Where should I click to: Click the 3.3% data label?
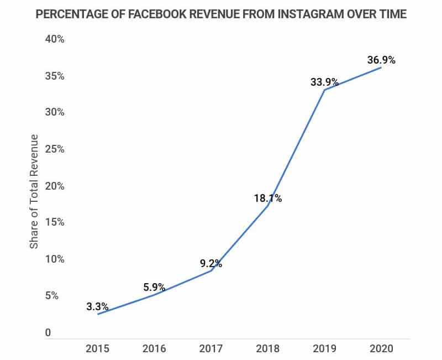click(97, 306)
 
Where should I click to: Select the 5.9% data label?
click(154, 288)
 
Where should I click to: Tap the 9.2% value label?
click(211, 264)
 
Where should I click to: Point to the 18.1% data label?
click(268, 198)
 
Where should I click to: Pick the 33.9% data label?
click(325, 82)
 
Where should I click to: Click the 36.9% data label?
click(382, 60)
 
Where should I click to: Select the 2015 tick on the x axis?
click(97, 349)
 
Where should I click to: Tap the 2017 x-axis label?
click(211, 349)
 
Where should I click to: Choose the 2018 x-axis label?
click(268, 349)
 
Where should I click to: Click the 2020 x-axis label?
click(382, 349)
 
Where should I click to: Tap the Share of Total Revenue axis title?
click(34, 191)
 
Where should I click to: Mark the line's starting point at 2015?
click(97, 314)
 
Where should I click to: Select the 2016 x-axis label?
click(154, 349)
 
